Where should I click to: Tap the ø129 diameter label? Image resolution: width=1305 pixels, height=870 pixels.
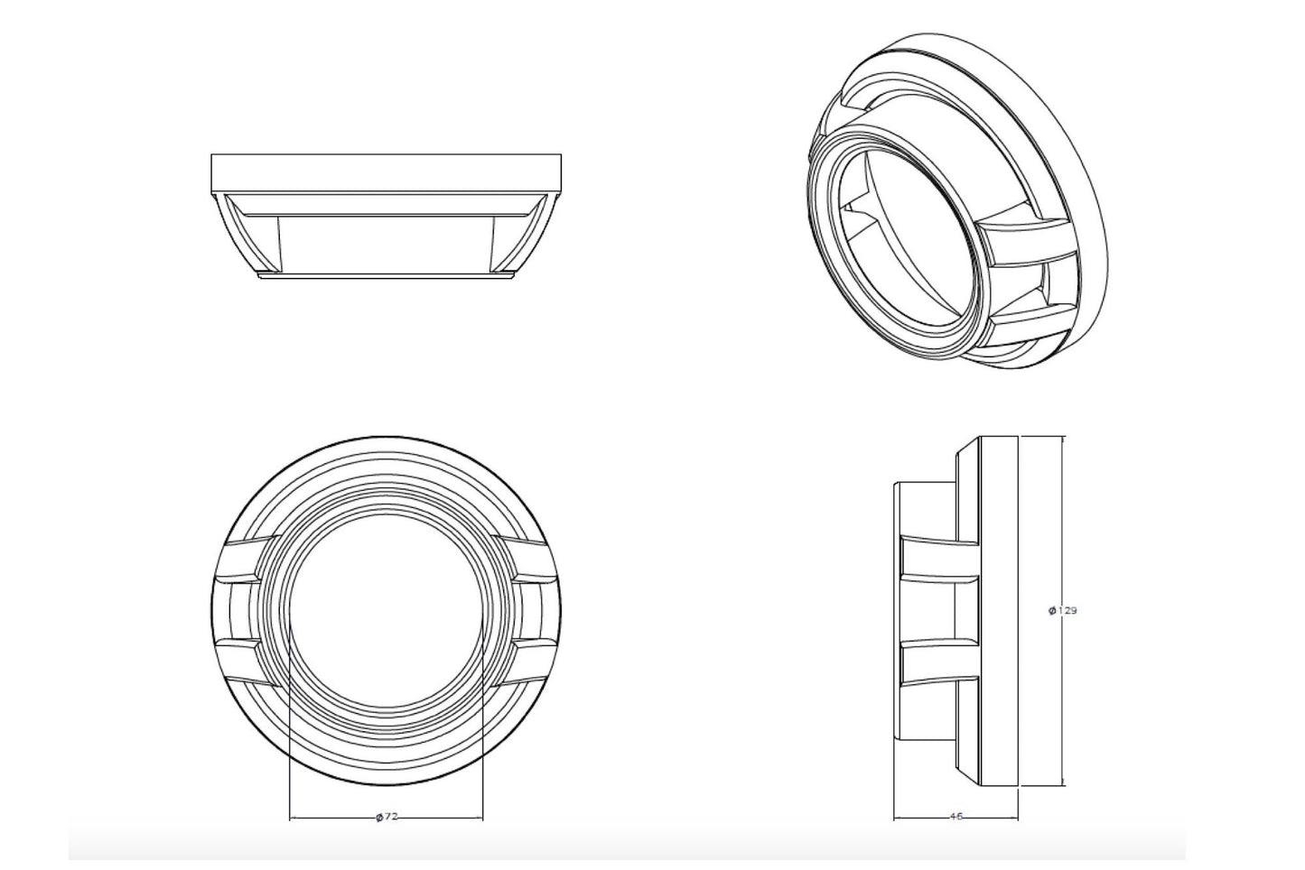(1063, 610)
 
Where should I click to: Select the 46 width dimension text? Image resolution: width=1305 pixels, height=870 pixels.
(956, 817)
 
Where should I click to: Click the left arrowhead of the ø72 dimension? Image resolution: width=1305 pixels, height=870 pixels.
(293, 819)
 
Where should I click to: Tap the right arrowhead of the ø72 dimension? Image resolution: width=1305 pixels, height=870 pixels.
(480, 819)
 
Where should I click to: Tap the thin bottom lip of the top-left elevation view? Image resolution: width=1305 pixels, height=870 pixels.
(386, 277)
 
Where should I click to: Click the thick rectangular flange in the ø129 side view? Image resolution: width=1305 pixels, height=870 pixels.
(999, 610)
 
